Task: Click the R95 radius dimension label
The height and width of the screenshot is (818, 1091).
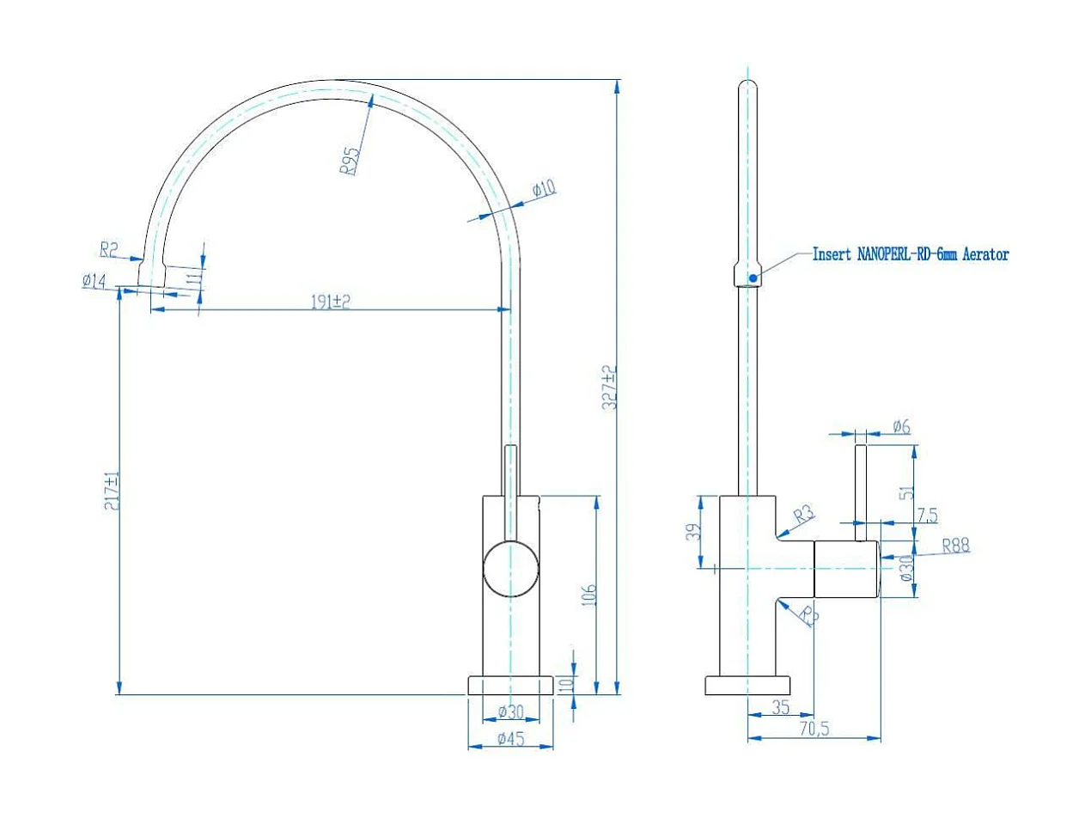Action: point(350,161)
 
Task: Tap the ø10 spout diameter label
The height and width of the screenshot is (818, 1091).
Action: point(544,189)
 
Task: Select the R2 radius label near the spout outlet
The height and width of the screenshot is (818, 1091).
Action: point(109,250)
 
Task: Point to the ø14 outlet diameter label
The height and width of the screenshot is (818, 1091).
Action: point(94,280)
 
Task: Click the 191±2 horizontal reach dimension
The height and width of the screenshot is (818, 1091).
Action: point(330,302)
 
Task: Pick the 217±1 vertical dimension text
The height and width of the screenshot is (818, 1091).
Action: point(110,491)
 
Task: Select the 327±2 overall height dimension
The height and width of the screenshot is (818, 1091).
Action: point(608,388)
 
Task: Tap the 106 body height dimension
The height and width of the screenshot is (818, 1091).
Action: point(589,594)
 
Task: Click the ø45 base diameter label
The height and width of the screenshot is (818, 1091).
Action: point(511,738)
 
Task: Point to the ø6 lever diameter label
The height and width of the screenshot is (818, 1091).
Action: point(901,426)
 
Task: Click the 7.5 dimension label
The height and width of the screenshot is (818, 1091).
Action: point(927,516)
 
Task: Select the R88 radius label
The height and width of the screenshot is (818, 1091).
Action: point(955,545)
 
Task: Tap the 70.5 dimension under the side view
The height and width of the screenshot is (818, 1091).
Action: point(815,729)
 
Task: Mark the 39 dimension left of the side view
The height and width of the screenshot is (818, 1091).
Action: point(694,532)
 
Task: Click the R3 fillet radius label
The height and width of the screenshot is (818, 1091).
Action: point(803,516)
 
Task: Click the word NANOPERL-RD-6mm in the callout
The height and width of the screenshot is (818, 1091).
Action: point(907,254)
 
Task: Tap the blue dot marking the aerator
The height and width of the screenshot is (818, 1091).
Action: point(753,278)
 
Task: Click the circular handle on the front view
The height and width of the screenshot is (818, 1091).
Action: point(511,569)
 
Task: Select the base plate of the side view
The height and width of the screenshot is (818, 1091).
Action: point(747,686)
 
